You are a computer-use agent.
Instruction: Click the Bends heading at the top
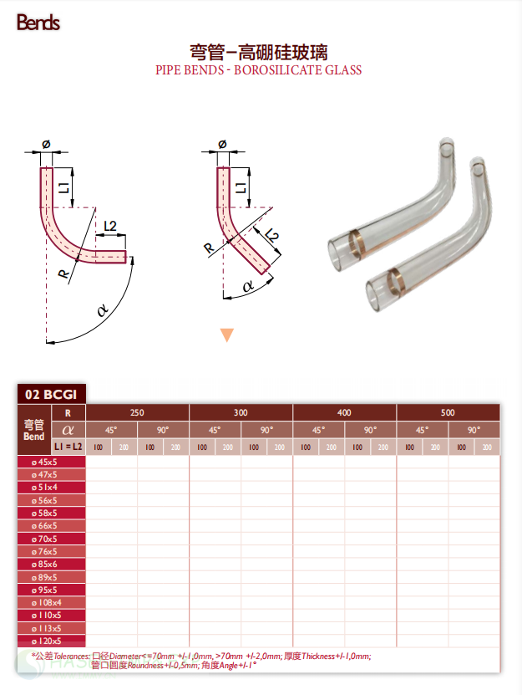point(38,23)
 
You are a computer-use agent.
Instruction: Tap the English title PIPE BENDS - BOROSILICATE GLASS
point(259,70)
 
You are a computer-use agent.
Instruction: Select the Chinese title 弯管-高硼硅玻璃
point(259,52)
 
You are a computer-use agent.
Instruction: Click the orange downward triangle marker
point(226,335)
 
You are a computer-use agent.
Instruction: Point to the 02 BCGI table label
point(51,394)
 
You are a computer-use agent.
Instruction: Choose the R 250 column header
point(137,413)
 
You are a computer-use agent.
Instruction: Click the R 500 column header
point(448,413)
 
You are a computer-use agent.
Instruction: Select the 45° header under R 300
point(215,430)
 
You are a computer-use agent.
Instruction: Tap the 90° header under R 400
point(370,430)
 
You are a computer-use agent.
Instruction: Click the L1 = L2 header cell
point(68,447)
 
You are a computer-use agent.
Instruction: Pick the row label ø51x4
point(44,487)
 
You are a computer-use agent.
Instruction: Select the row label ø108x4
point(44,603)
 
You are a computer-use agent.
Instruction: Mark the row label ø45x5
point(44,462)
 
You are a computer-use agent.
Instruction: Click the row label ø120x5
point(44,641)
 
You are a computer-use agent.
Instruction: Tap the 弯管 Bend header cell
point(34,430)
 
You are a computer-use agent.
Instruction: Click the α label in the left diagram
point(103,310)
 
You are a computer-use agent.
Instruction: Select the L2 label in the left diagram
point(111,226)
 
